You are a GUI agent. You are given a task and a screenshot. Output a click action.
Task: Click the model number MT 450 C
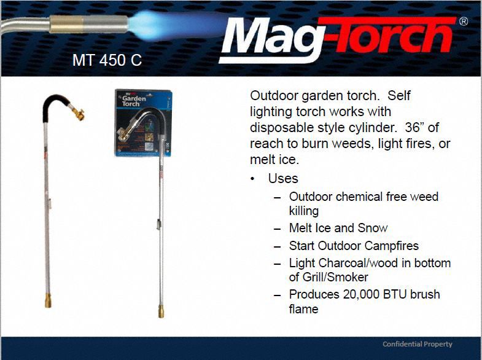click(x=107, y=61)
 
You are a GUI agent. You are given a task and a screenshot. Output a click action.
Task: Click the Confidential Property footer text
click(x=417, y=344)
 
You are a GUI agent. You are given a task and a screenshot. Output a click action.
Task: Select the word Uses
click(x=283, y=179)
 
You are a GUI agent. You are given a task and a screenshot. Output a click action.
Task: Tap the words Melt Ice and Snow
click(x=338, y=228)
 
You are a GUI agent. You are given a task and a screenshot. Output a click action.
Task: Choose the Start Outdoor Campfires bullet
click(x=354, y=246)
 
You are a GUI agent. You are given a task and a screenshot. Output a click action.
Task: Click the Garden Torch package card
click(x=144, y=123)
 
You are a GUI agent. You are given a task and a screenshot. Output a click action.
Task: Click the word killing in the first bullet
click(x=304, y=211)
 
